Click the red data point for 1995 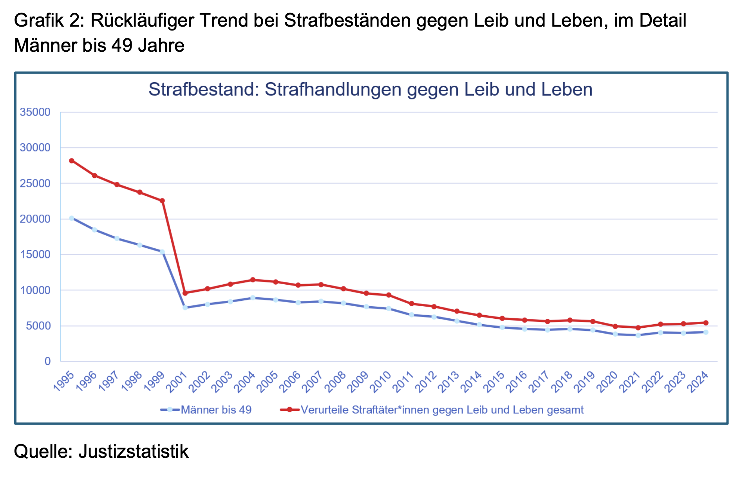72,161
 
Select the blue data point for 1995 72,218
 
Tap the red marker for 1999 162,200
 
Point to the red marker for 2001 185,293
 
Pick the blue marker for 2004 253,298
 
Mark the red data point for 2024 706,323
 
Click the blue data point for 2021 638,335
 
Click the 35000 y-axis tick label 35,112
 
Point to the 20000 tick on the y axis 35,219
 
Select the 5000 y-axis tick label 38,326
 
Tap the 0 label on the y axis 47,361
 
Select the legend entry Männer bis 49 216,410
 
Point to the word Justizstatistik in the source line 133,451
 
